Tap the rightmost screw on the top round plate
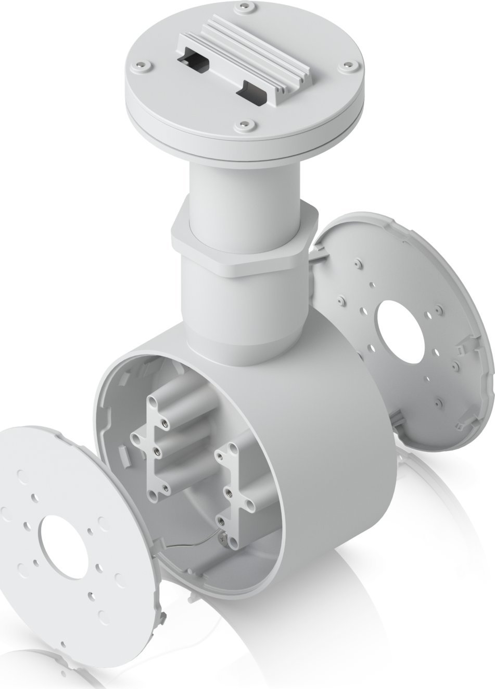point(344,67)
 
